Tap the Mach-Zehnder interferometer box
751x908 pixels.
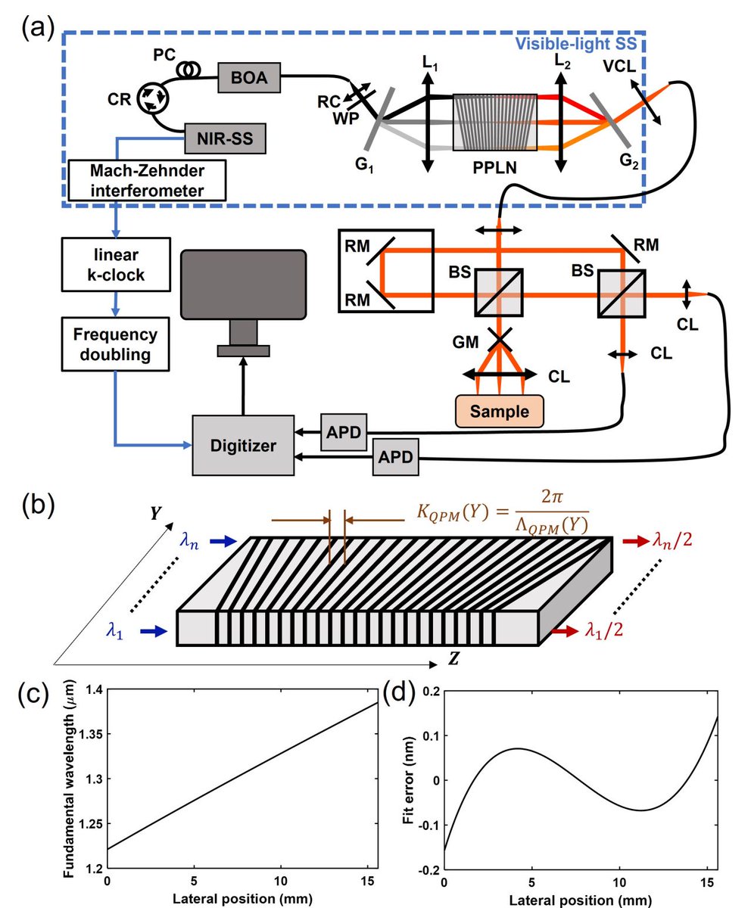coord(148,180)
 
